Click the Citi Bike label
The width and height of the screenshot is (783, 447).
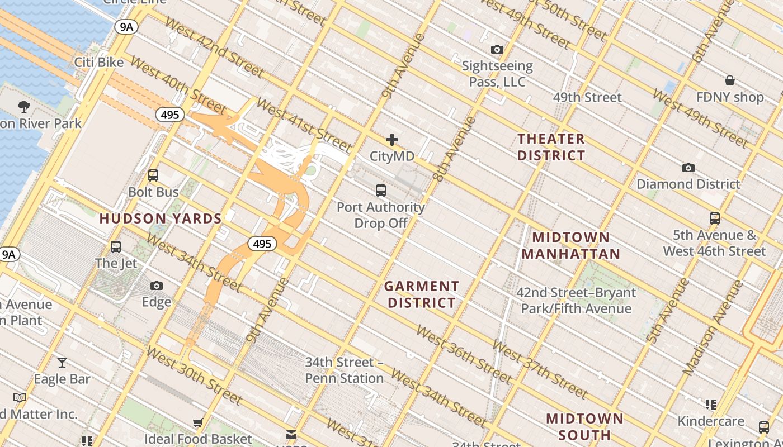click(x=99, y=62)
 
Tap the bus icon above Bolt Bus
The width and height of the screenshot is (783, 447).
click(x=153, y=175)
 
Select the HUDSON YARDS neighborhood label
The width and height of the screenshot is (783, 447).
click(x=161, y=218)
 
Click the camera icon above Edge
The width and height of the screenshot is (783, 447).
click(x=157, y=286)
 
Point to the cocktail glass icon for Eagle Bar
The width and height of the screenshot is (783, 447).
click(x=62, y=363)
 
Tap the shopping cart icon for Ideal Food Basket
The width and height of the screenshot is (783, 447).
click(x=197, y=423)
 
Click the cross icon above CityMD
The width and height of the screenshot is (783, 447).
click(x=392, y=140)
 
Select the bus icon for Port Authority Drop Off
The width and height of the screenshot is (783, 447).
click(x=381, y=191)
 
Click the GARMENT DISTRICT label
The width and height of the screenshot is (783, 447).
click(x=422, y=294)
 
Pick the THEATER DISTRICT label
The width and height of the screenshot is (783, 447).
click(x=551, y=147)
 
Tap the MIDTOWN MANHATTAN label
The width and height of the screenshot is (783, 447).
click(x=571, y=245)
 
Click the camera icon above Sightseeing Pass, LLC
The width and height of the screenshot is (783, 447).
click(x=497, y=50)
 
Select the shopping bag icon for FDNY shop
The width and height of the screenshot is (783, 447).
click(x=730, y=80)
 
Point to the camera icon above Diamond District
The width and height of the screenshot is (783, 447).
click(x=688, y=168)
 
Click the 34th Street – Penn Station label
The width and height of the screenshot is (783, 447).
click(x=345, y=370)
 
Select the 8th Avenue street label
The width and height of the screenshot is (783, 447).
click(x=454, y=149)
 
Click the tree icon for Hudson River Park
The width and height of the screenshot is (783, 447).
click(x=23, y=106)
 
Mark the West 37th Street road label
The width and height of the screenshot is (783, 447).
click(x=539, y=370)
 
